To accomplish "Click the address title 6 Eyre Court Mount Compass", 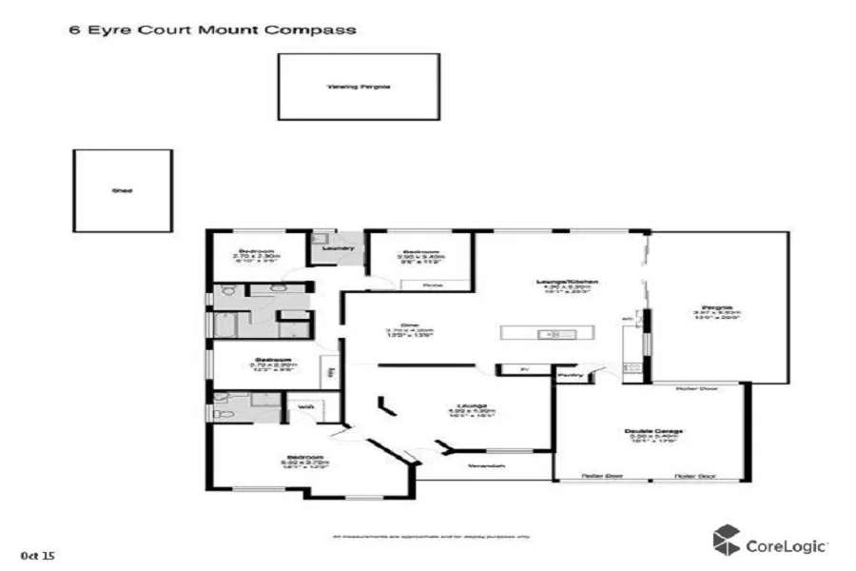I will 212,30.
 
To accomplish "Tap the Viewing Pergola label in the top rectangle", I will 359,87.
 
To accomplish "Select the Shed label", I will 123,190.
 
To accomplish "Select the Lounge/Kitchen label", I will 566,283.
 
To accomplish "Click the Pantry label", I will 571,375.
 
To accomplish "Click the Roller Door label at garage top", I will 696,388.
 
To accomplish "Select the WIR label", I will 306,407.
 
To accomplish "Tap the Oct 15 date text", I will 38,553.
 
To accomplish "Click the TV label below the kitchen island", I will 523,369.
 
